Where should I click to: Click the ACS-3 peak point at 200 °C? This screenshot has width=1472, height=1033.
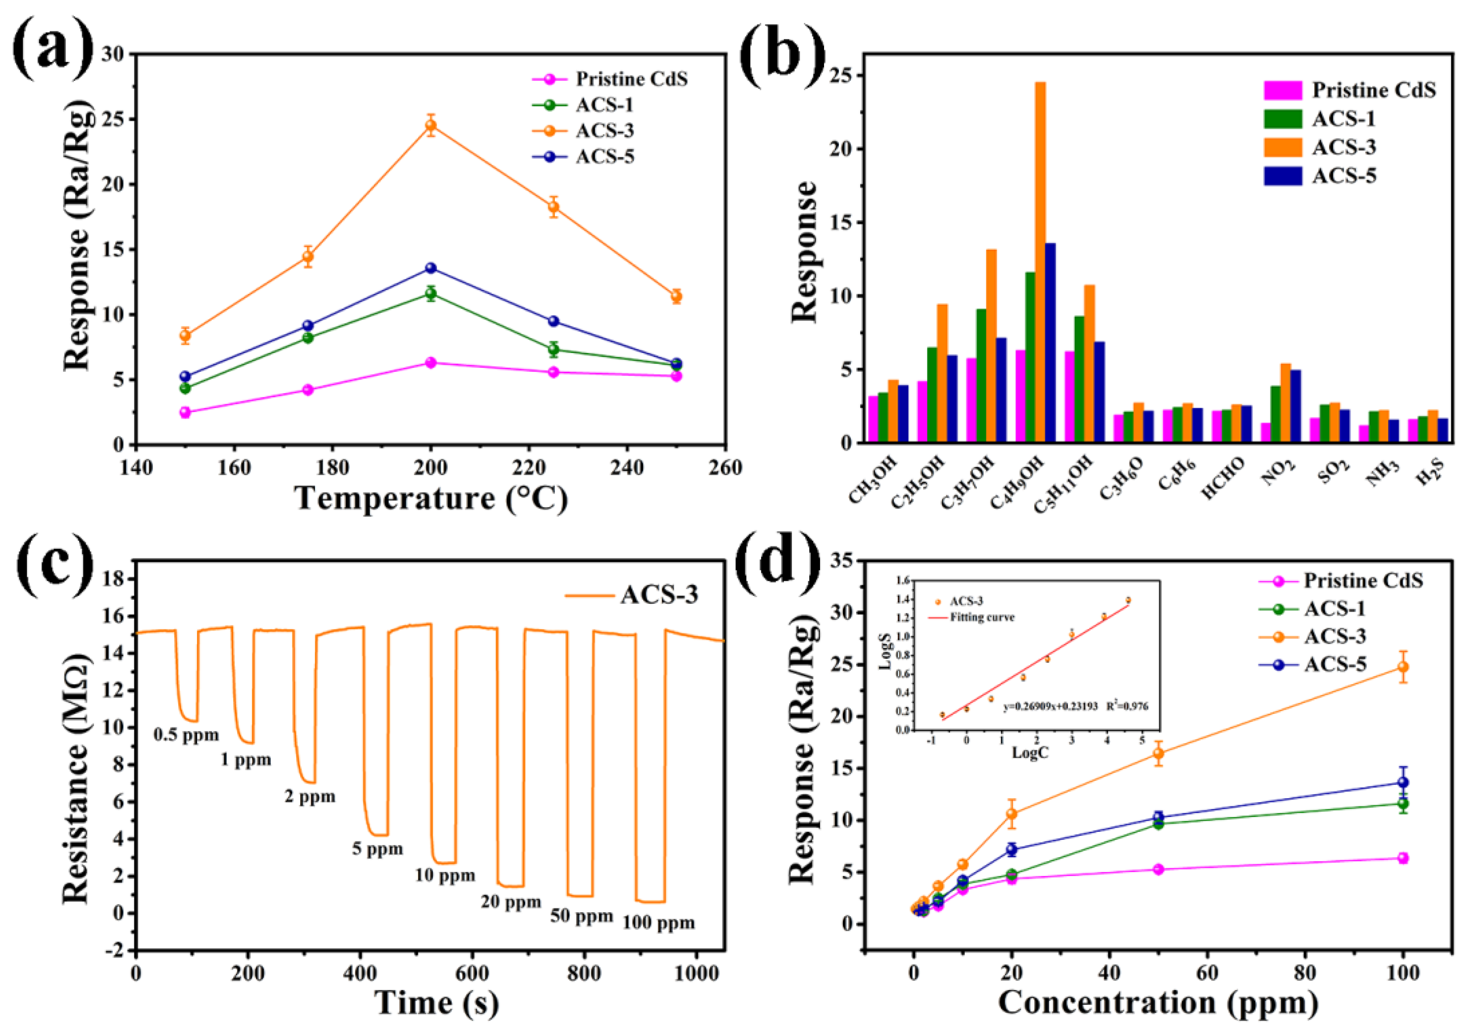click(431, 125)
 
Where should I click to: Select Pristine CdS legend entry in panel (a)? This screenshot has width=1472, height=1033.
click(631, 79)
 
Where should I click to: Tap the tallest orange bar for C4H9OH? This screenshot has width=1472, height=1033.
click(1040, 257)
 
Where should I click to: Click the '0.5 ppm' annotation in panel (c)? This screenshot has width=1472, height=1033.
click(186, 735)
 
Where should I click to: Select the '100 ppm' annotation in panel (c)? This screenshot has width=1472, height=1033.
click(658, 923)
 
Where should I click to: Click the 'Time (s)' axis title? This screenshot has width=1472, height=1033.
click(437, 1002)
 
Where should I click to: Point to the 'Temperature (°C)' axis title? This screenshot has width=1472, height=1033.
click(431, 498)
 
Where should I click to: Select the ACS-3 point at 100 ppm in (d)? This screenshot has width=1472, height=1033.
click(1403, 667)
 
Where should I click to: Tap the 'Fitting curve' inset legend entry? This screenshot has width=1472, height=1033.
click(981, 617)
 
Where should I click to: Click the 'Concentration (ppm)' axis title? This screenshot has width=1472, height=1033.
click(1158, 1002)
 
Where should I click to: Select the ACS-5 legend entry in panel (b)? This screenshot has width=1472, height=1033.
click(1343, 176)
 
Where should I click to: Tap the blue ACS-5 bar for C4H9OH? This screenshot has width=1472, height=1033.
click(1050, 343)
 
